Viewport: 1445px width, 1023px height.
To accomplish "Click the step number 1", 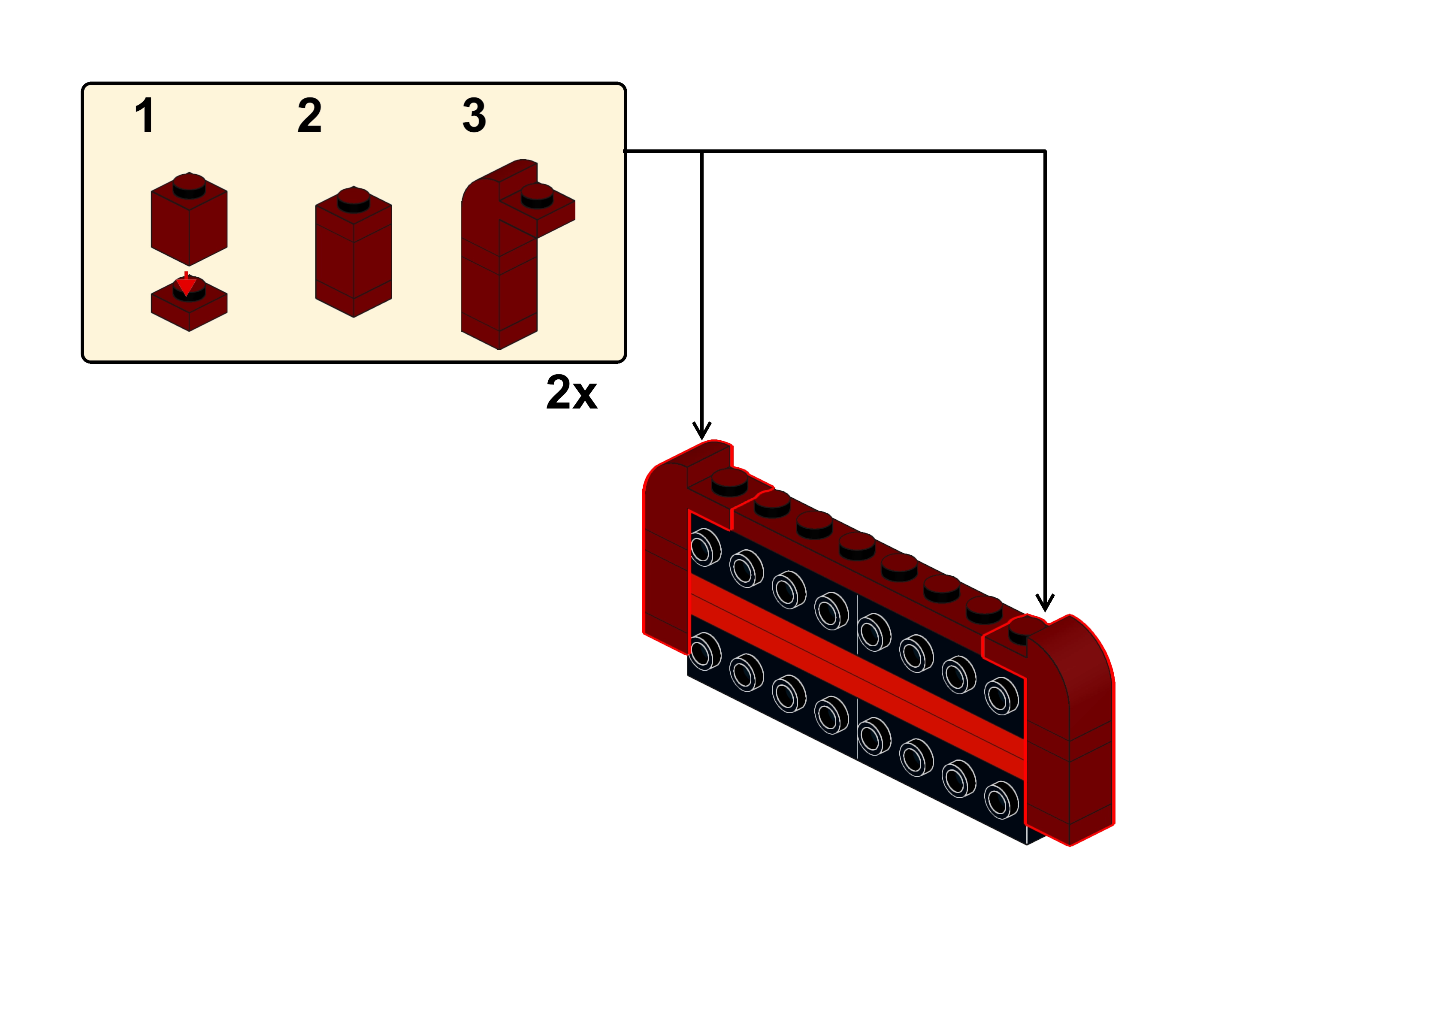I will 145,115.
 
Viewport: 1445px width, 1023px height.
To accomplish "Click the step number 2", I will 309,115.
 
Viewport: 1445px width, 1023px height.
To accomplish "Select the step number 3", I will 474,115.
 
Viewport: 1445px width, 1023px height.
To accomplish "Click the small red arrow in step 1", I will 185,284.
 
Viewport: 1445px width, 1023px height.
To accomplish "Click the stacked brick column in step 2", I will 353,258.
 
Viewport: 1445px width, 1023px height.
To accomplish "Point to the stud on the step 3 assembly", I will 536,195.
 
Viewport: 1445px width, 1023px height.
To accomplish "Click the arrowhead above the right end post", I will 1045,603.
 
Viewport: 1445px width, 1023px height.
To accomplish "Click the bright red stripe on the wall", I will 856,677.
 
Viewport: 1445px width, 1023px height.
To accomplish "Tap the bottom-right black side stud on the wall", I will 1001,800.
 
